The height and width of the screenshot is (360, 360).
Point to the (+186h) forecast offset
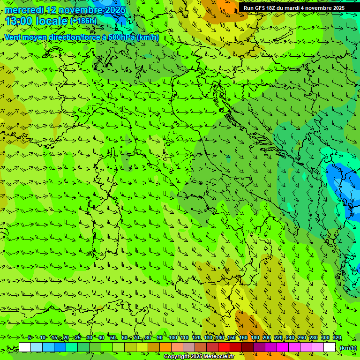coord(83,21)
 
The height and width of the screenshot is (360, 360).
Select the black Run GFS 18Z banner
coord(294,8)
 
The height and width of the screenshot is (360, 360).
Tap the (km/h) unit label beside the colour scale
coord(348,348)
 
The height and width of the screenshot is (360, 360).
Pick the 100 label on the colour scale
coord(173,338)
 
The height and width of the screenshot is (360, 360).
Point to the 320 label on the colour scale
coord(337,338)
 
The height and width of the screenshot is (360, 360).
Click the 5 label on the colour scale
coord(30,338)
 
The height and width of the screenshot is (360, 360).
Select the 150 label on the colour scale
coord(231,338)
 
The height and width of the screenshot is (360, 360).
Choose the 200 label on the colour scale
coord(267,338)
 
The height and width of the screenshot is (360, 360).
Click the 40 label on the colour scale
coord(101,338)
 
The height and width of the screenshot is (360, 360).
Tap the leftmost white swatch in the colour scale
coord(25,347)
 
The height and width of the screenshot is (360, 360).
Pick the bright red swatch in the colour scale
coord(224,347)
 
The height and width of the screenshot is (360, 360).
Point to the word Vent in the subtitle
coord(13,37)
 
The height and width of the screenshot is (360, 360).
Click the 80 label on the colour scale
coord(148,338)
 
